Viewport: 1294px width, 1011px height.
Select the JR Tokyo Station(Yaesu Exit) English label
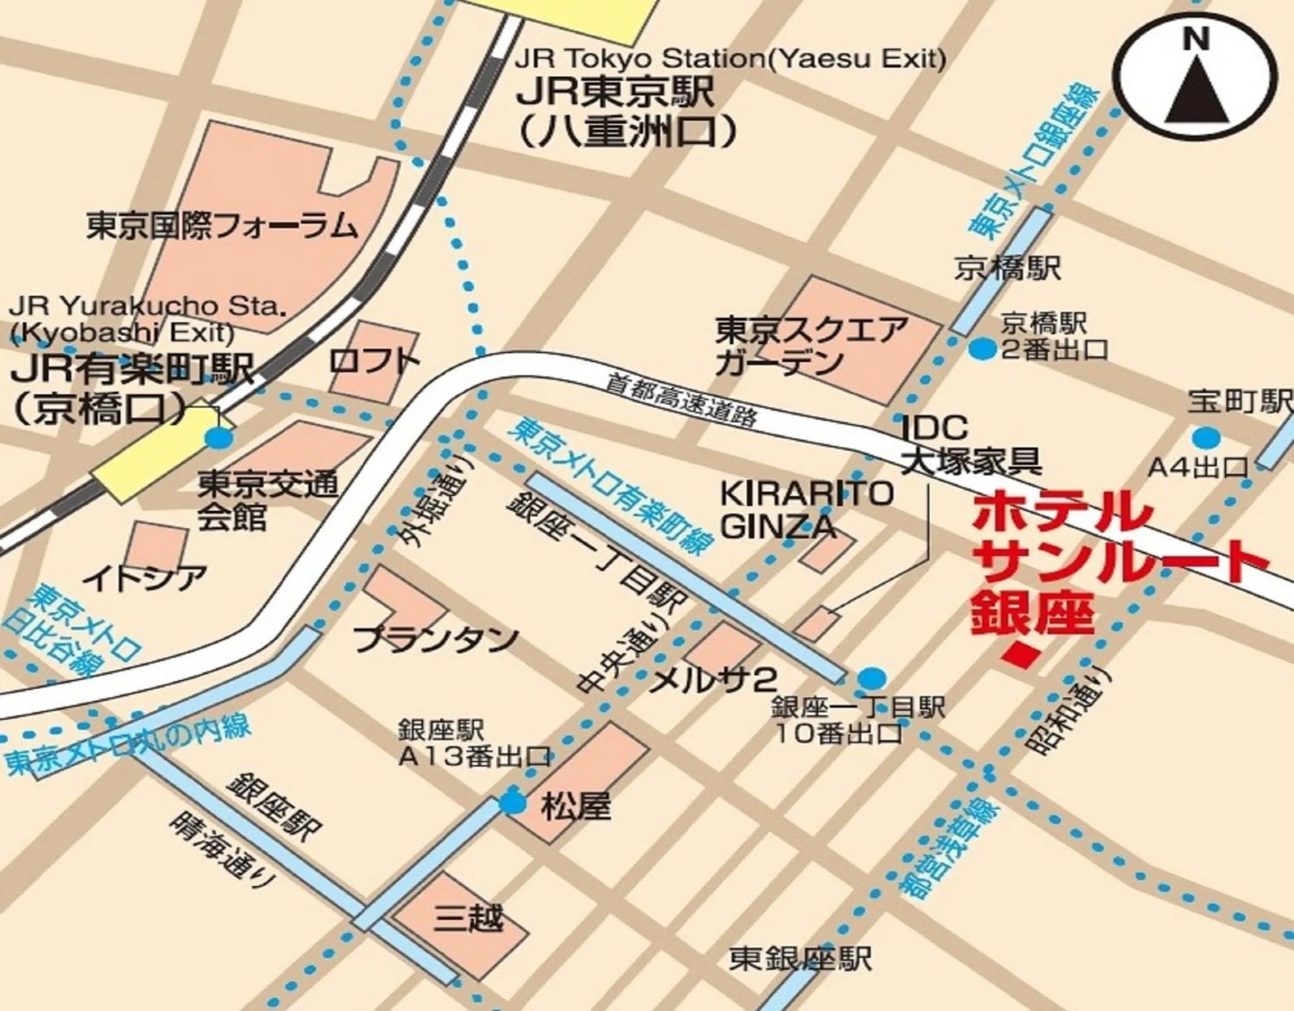click(730, 60)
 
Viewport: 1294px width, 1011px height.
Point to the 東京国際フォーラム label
click(222, 226)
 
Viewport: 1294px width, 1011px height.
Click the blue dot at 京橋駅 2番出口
click(982, 348)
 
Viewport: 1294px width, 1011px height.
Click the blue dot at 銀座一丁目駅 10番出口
click(872, 678)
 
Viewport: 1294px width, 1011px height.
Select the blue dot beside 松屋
click(512, 803)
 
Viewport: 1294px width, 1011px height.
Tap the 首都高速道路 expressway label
click(682, 400)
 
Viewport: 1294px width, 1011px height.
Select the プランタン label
click(436, 640)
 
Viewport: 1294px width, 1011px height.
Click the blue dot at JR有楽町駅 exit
click(219, 437)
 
